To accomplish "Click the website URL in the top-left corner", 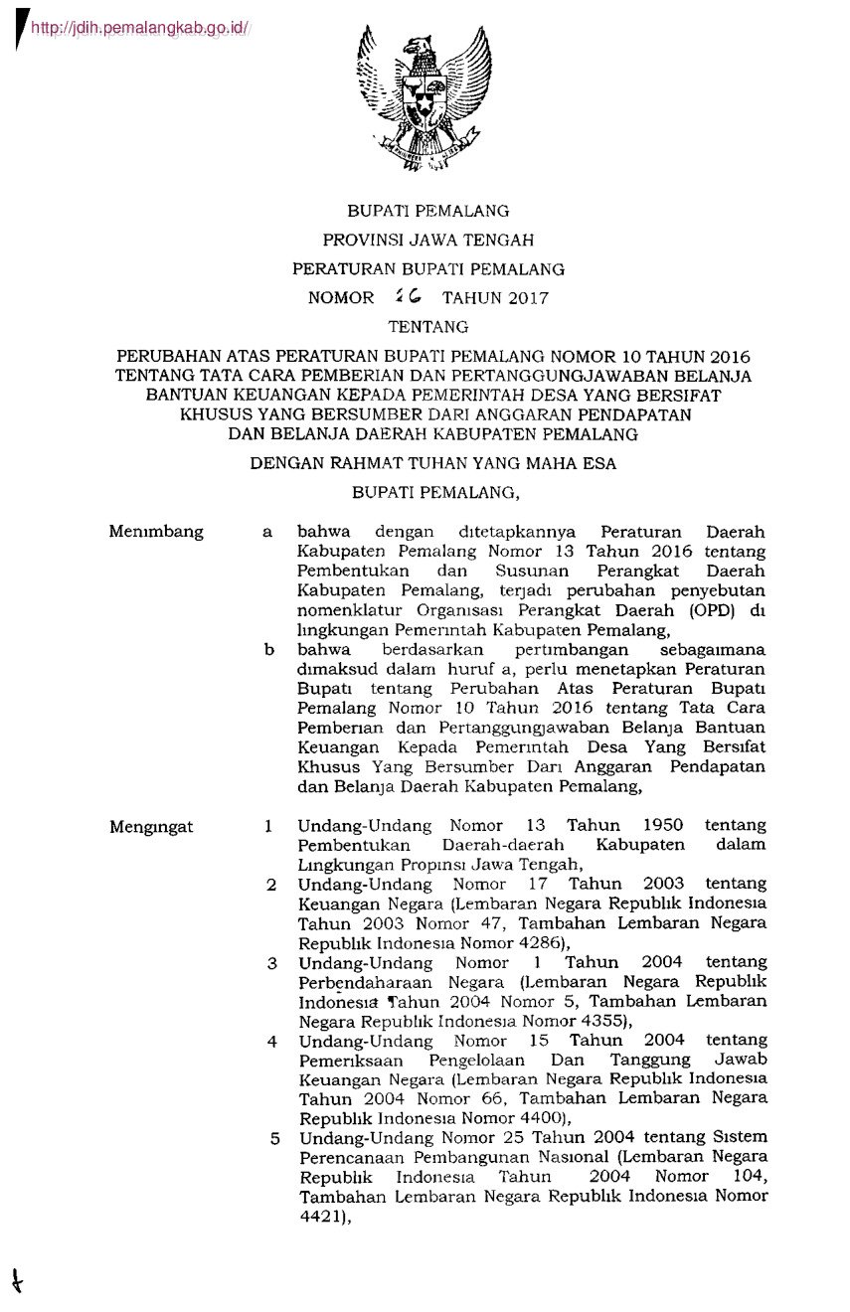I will coord(139,29).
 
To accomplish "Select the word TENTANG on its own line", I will coord(426,325).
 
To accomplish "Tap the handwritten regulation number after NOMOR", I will coord(408,296).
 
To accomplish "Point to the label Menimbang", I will coord(156,532).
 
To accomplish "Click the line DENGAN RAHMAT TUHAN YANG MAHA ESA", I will coord(432,462).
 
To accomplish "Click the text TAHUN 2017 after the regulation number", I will coord(495,297).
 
